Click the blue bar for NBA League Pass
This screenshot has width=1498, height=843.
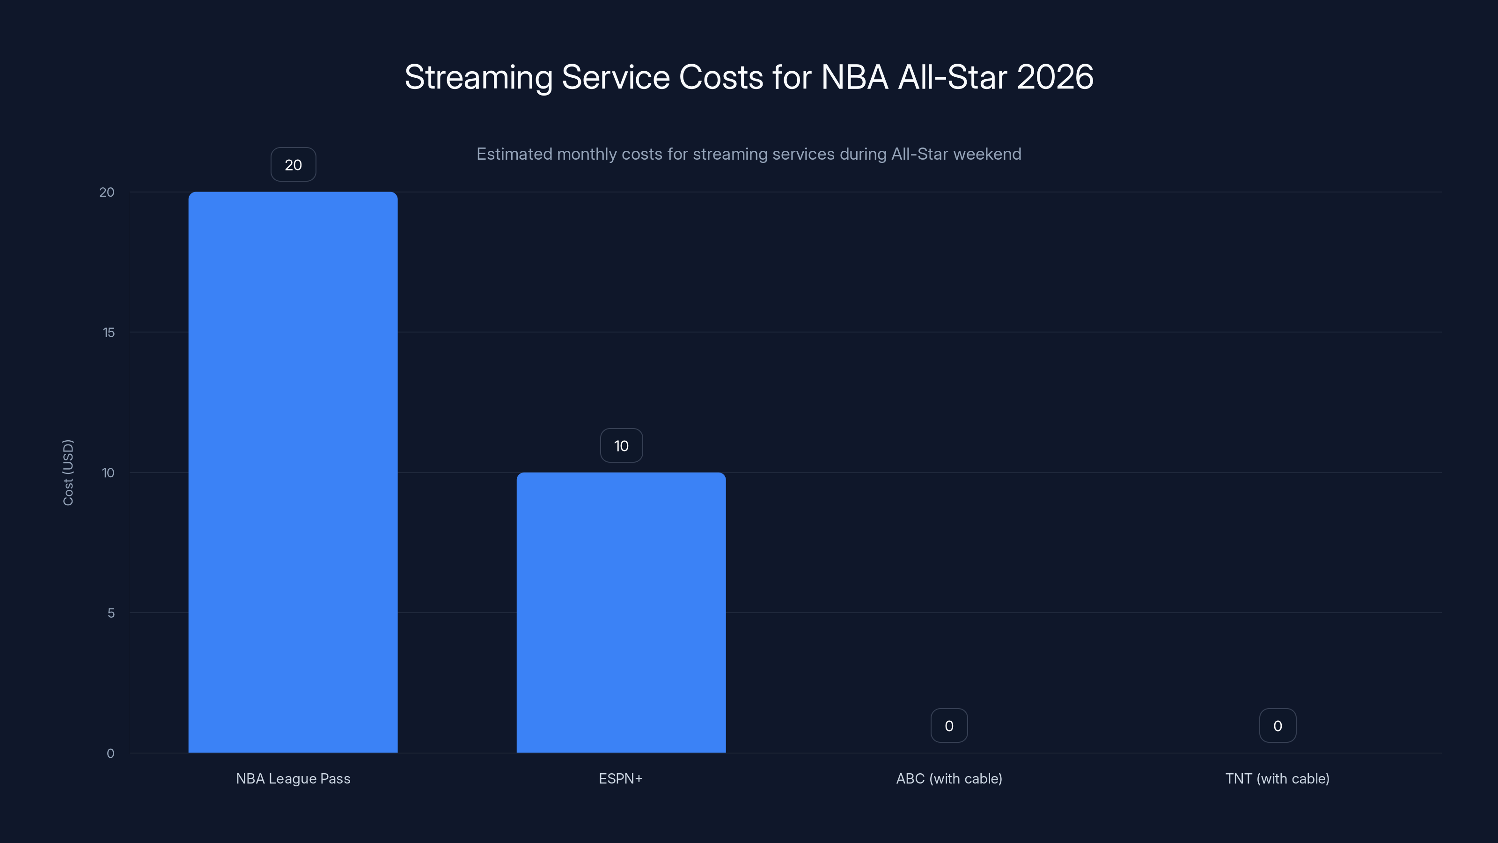293,472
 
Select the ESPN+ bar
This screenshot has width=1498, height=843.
621,612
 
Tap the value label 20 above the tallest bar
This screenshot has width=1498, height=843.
293,165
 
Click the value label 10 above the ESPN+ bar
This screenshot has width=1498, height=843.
621,446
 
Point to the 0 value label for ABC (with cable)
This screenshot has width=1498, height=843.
949,725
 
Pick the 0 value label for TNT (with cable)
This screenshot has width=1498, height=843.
1278,725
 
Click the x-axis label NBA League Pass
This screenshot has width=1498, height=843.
293,778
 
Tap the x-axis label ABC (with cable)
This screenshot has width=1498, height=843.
949,778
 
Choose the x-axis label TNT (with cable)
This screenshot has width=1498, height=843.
1278,778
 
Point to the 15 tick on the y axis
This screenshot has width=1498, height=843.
109,332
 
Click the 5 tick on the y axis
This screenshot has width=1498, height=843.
110,613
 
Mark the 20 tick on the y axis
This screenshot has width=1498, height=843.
107,192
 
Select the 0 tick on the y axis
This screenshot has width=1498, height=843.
110,754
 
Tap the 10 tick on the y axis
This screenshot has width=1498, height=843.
108,473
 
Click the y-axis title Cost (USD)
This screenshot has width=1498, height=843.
68,473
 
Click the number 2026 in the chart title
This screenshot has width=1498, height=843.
1055,77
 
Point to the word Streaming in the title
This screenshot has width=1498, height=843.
478,78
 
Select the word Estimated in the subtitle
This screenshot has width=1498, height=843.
514,154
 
